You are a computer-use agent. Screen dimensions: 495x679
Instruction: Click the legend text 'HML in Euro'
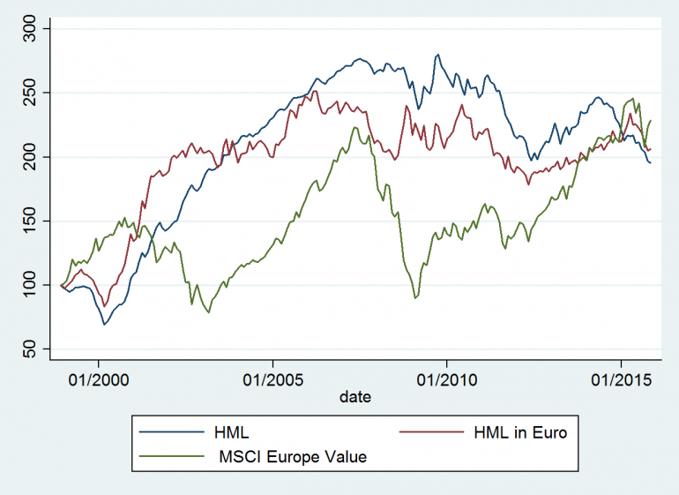pos(526,432)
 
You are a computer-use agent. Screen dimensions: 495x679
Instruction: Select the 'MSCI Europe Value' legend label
pos(291,457)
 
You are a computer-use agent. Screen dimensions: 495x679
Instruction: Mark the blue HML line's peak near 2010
pos(438,54)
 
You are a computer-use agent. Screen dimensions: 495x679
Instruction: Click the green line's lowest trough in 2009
pos(415,299)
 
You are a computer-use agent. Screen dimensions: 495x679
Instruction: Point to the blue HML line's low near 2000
pos(104,325)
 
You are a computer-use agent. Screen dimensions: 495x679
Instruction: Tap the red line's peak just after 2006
pos(315,90)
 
